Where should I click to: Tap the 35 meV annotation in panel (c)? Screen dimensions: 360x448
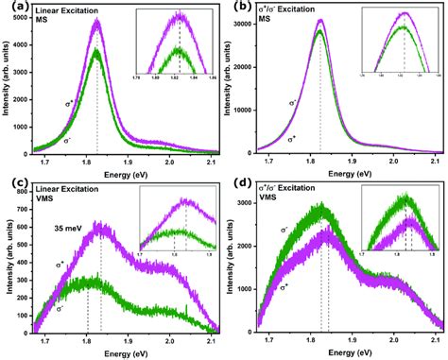69,227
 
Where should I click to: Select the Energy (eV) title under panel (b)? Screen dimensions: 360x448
350,175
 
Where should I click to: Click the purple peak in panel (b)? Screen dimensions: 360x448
320,20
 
